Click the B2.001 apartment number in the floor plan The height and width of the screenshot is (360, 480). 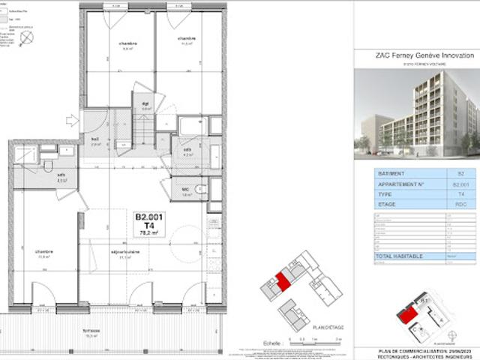tap(149, 217)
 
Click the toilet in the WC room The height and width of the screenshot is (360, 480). tap(198, 189)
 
